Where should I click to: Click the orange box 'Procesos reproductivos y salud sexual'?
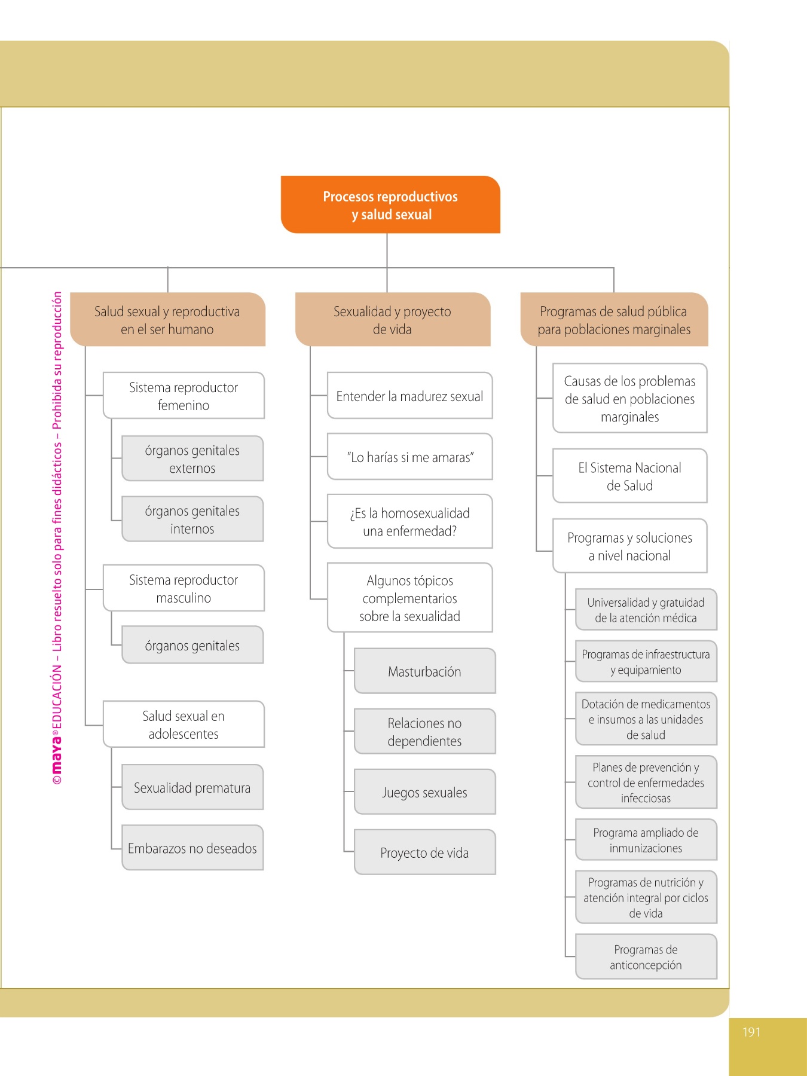390,204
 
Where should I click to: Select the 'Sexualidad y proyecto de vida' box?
393,320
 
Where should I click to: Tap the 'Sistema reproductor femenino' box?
184,396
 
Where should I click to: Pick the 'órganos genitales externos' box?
192,459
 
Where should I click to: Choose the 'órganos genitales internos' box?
192,519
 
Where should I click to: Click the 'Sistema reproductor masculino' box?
184,588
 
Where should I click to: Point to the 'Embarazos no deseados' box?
192,848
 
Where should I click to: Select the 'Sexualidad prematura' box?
192,788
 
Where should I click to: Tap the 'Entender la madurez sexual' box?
410,396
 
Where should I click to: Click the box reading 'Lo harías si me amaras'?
410,457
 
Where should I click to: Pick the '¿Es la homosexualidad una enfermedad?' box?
410,522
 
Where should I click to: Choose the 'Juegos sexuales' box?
425,793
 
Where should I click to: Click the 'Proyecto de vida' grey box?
425,853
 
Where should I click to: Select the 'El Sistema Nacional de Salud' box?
630,476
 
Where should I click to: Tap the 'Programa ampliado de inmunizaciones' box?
646,840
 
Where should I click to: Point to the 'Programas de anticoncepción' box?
646,957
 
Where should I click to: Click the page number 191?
751,1032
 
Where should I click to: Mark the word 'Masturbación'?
424,672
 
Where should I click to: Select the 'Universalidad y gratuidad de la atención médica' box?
646,610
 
